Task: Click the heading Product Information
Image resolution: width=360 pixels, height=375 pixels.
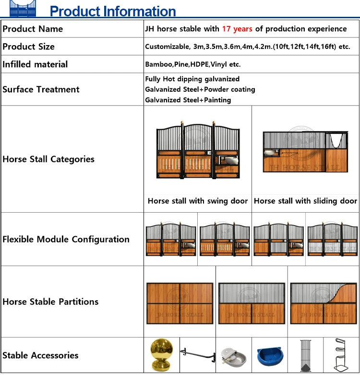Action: pyautogui.click(x=113, y=11)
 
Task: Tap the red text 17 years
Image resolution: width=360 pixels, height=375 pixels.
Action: pyautogui.click(x=237, y=29)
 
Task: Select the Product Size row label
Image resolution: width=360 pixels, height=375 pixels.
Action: pyautogui.click(x=29, y=47)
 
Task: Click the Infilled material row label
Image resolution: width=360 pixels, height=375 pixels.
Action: pyautogui.click(x=35, y=64)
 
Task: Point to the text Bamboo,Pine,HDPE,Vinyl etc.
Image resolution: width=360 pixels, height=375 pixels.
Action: pyautogui.click(x=192, y=64)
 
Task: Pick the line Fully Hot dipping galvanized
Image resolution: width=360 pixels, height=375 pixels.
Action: pyautogui.click(x=192, y=79)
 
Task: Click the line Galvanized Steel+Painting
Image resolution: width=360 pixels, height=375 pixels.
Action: pyautogui.click(x=188, y=100)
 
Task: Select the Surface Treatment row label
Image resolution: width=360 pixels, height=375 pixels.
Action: pyautogui.click(x=41, y=89)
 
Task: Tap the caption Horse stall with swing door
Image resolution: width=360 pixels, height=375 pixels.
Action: pyautogui.click(x=198, y=201)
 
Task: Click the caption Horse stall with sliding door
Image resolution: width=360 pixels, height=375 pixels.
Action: pyautogui.click(x=305, y=201)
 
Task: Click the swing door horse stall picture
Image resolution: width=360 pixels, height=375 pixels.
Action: pyautogui.click(x=198, y=150)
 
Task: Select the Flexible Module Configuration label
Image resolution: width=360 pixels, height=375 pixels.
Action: pyautogui.click(x=66, y=239)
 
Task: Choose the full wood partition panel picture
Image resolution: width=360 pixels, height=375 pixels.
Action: pyautogui.click(x=180, y=303)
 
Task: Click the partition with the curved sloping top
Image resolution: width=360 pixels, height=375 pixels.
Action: pyautogui.click(x=324, y=303)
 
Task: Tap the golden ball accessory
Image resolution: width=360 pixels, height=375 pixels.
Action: pyautogui.click(x=161, y=354)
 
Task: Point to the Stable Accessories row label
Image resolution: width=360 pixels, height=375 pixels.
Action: pyautogui.click(x=40, y=355)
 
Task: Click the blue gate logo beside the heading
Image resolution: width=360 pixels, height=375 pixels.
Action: pyautogui.click(x=23, y=10)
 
